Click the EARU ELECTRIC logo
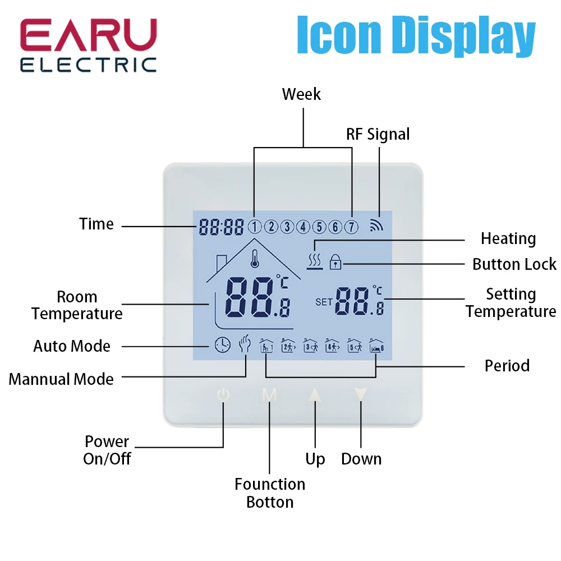point(88,46)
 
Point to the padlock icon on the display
point(335,261)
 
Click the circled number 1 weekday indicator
point(255,227)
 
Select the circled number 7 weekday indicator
point(351,227)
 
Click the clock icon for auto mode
point(222,344)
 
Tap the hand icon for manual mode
point(244,343)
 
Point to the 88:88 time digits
point(221,227)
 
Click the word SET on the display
point(324,302)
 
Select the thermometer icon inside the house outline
point(254,261)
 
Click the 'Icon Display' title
point(416,36)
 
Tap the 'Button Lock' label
point(514,264)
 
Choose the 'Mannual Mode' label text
point(61,379)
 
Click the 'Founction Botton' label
point(270,493)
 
